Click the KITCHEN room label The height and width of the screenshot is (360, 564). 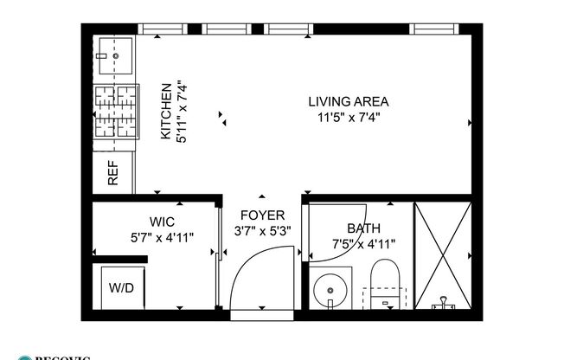(x=164, y=112)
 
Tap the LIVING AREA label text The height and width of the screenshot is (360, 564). (x=348, y=101)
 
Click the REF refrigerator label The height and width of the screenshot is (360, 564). (x=113, y=175)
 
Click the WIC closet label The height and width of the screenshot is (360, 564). (x=161, y=222)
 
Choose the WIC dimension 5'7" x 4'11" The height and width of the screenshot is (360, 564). (x=161, y=235)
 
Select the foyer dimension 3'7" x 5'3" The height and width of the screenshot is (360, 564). (x=262, y=231)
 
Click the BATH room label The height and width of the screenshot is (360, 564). (x=362, y=228)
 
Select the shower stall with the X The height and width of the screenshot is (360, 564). (x=443, y=254)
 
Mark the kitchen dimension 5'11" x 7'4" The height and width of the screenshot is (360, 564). (x=179, y=112)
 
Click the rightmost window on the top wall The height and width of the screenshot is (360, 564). (x=438, y=29)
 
